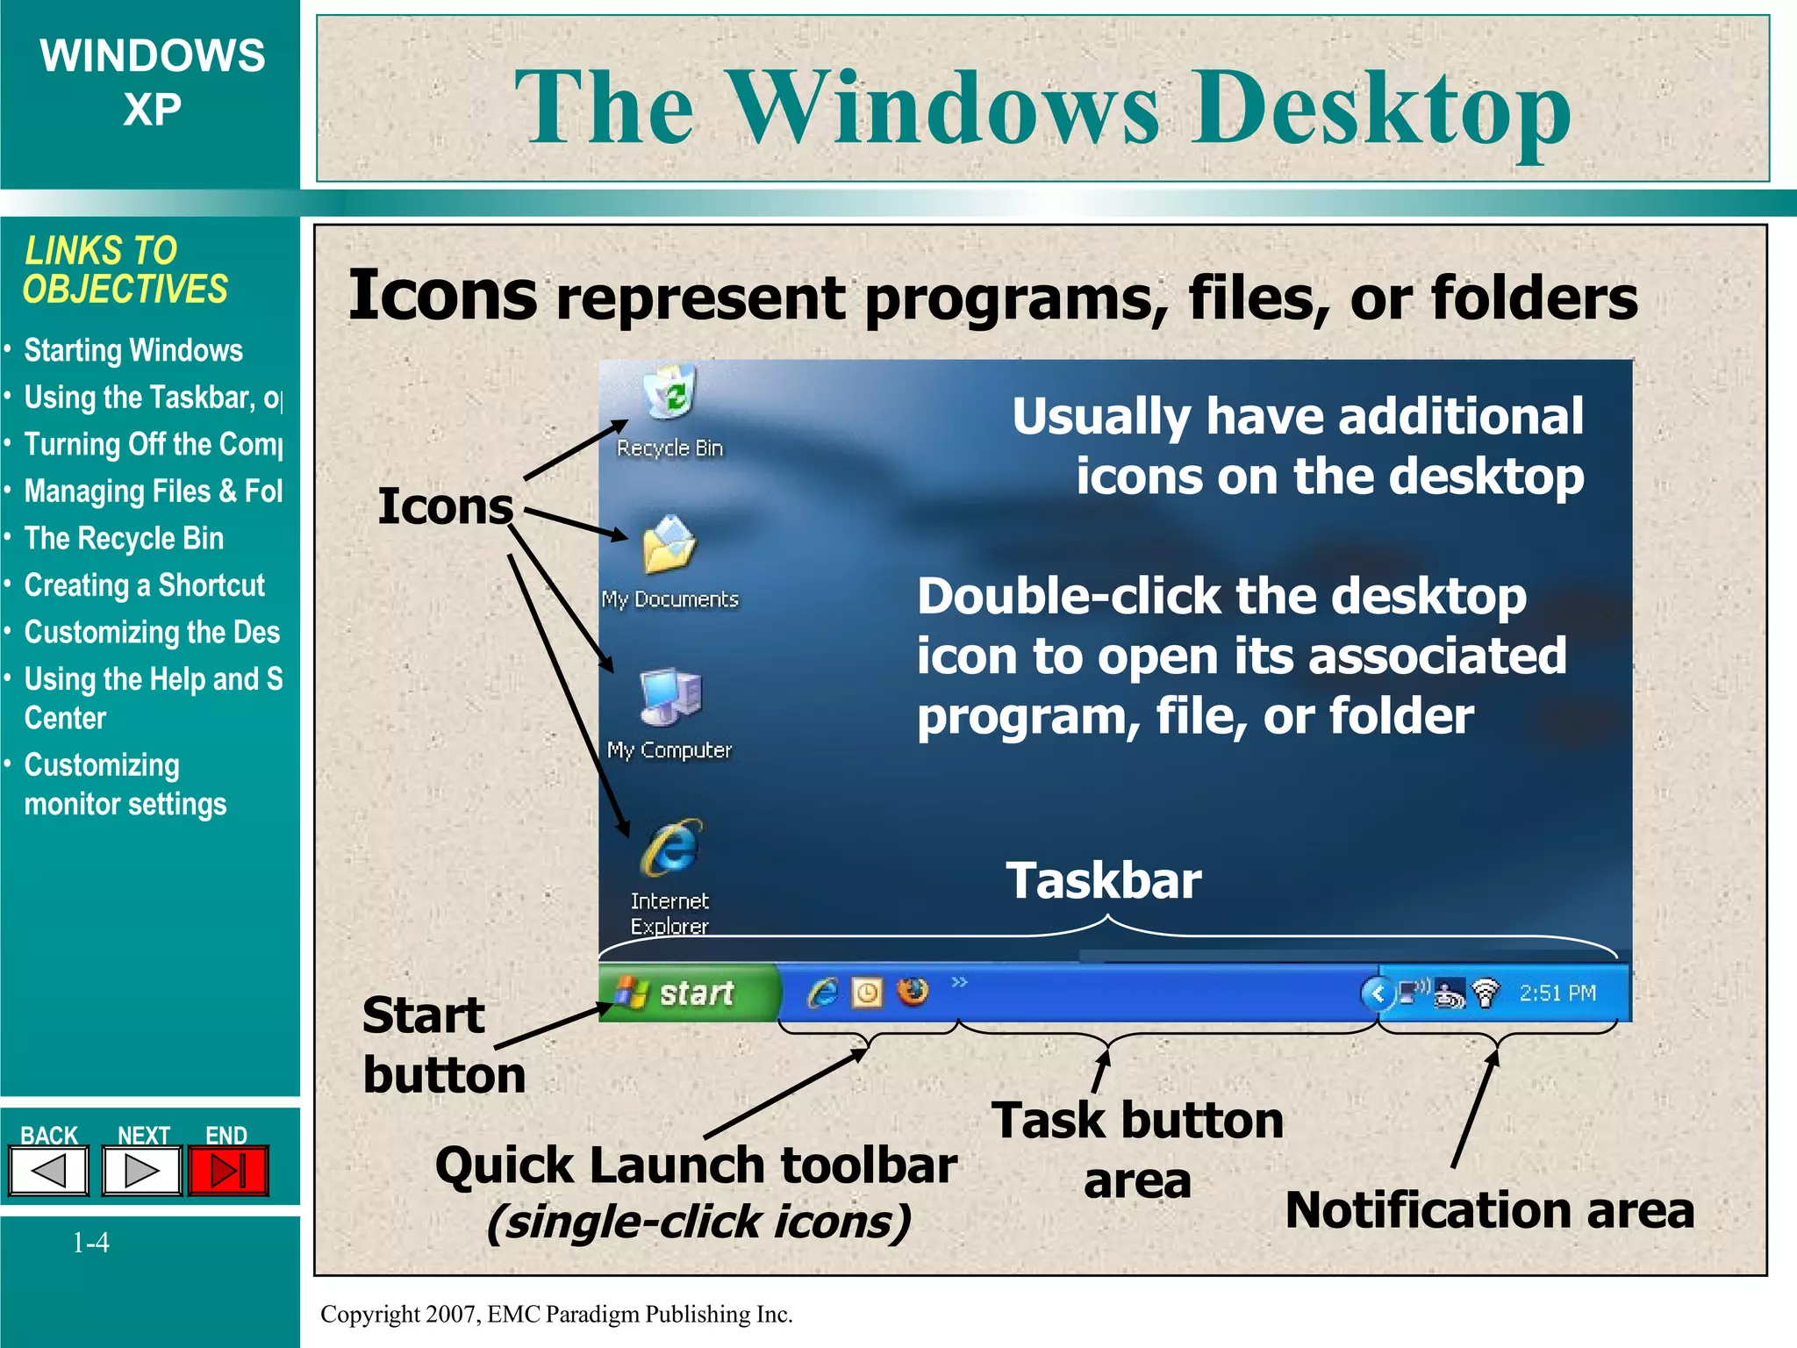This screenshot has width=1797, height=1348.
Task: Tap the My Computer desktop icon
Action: pos(670,697)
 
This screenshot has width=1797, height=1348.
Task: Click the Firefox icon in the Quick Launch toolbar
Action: pos(913,993)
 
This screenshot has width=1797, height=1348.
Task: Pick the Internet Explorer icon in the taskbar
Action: pos(822,993)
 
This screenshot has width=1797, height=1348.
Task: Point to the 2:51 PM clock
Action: pos(1557,993)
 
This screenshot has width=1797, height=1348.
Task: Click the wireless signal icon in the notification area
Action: pos(1486,993)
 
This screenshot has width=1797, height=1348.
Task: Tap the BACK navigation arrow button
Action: pos(49,1171)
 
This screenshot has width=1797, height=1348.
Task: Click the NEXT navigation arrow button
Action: pos(141,1171)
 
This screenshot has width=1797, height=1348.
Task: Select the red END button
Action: pos(228,1171)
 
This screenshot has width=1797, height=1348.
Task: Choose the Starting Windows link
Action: pos(133,350)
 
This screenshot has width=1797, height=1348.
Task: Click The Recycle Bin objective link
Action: pos(124,538)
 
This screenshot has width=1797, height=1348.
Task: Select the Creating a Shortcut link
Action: pos(144,584)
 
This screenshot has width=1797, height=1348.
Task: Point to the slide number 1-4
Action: pos(90,1242)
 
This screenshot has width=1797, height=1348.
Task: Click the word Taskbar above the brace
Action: pos(1103,880)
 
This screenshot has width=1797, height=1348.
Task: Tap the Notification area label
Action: pos(1489,1209)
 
